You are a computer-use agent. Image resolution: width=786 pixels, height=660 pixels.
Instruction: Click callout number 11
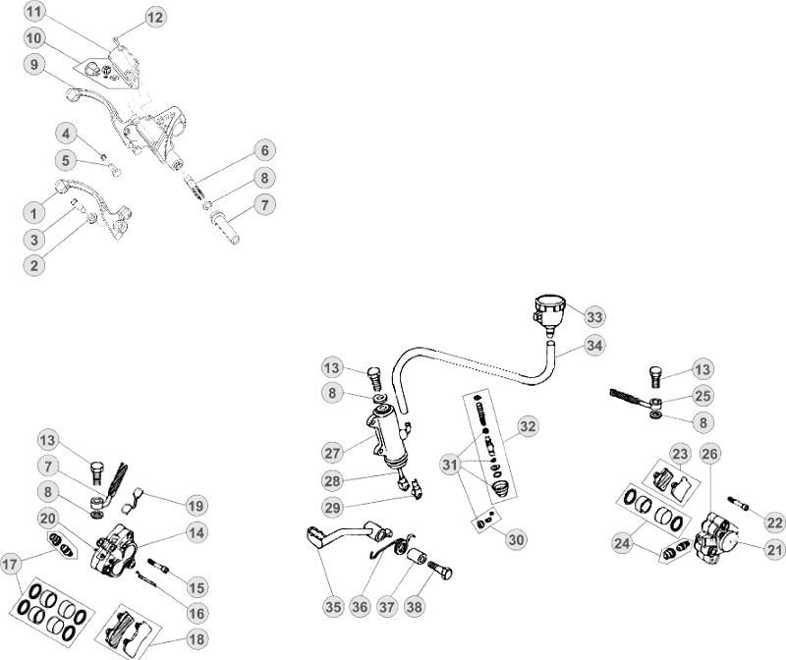point(34,13)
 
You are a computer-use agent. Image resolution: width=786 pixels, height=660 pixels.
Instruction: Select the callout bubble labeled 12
point(156,17)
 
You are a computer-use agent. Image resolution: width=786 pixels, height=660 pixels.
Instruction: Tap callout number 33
point(594,316)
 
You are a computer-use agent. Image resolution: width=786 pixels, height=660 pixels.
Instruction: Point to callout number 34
point(594,346)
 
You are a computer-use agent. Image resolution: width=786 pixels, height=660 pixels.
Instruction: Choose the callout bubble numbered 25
point(702,396)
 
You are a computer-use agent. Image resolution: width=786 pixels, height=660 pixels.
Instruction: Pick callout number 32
point(529,426)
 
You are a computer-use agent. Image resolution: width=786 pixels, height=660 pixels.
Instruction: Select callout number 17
point(12,565)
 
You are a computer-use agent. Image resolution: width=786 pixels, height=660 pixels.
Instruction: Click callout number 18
point(197,637)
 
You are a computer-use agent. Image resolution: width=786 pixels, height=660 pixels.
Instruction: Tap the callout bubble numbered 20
point(48,518)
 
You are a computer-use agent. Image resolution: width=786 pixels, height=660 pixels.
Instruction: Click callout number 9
point(34,65)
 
